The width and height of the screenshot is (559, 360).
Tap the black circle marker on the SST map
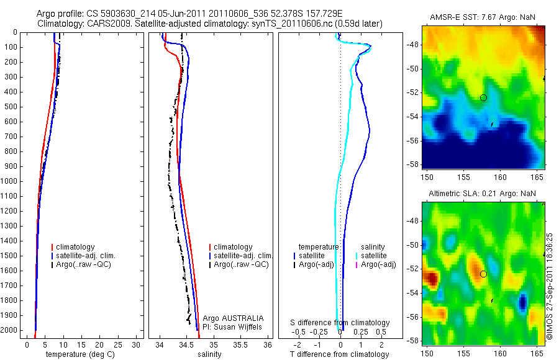click(483, 97)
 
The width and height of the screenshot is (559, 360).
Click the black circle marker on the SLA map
click(483, 274)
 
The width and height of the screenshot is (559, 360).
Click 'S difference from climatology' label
click(340, 323)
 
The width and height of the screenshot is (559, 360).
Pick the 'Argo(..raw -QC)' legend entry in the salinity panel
click(241, 264)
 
